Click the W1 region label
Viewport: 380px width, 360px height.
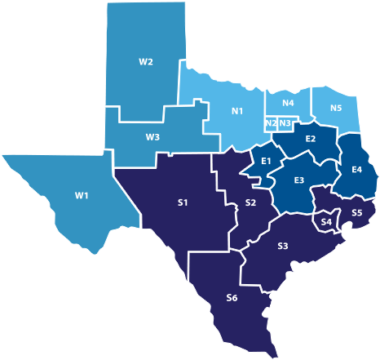[x=59, y=195]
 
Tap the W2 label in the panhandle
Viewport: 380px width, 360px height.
[x=146, y=62]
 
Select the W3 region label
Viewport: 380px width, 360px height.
[x=152, y=137]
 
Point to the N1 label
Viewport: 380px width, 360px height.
[x=239, y=111]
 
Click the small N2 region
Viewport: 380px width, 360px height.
[x=270, y=123]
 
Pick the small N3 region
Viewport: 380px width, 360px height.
[x=285, y=123]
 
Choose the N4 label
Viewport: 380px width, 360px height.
[x=289, y=104]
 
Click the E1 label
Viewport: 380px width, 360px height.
[x=265, y=161]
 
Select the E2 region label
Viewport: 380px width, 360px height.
[x=311, y=140]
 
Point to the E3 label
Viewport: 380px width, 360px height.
[x=299, y=180]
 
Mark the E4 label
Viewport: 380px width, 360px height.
[x=356, y=169]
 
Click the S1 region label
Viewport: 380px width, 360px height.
[x=183, y=202]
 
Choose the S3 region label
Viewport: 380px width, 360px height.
[x=282, y=246]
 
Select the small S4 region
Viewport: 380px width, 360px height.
[x=326, y=221]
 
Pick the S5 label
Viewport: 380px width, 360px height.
[x=356, y=213]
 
